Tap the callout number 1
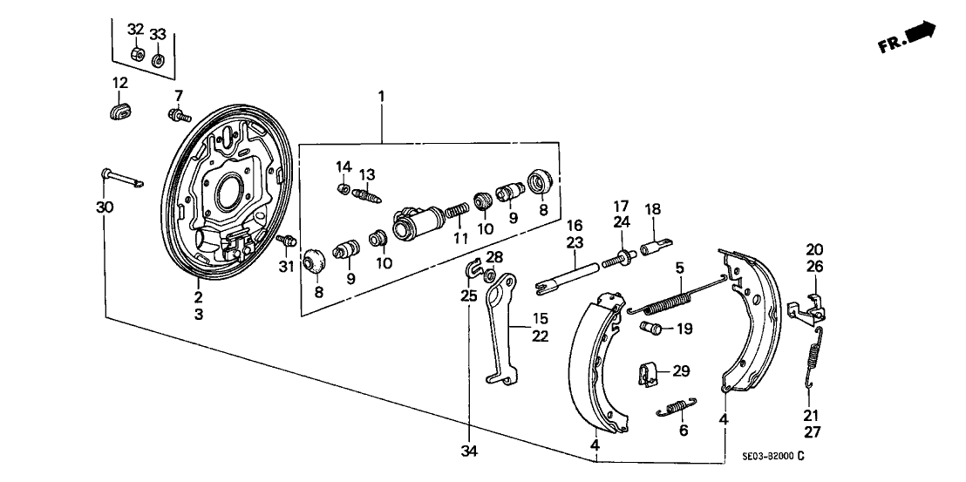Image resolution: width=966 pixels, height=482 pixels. click(381, 95)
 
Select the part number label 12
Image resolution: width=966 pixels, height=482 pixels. click(119, 83)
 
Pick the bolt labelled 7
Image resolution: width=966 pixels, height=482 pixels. click(178, 114)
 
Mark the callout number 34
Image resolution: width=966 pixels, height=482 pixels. click(470, 451)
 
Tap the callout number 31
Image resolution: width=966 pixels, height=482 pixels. click(285, 267)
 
